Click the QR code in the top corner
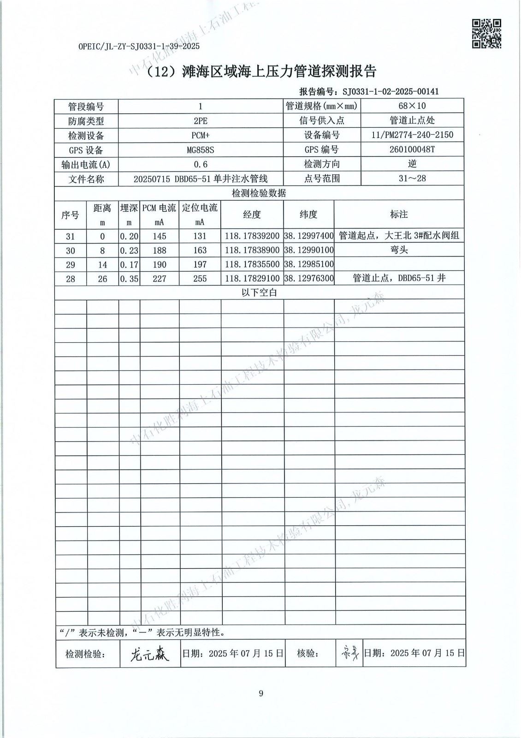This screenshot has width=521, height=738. (486, 33)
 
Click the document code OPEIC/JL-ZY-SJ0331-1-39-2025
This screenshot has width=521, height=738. (139, 47)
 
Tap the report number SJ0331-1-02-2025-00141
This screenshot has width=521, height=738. (391, 91)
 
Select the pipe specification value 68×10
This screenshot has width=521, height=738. (412, 106)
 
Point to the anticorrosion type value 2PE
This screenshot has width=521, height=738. (200, 121)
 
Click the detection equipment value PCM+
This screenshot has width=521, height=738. (200, 136)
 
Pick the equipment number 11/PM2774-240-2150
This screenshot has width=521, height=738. (412, 135)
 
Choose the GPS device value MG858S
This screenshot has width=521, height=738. (200, 150)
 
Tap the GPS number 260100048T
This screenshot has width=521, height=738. (412, 150)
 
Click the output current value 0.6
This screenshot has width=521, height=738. (200, 164)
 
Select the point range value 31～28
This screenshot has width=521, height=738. (412, 179)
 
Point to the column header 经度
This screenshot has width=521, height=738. (252, 214)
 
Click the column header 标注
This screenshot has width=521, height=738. (398, 214)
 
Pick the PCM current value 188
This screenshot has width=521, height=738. (159, 250)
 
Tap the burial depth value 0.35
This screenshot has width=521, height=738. (129, 279)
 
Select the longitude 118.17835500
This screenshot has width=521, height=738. (252, 265)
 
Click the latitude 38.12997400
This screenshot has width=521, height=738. (308, 236)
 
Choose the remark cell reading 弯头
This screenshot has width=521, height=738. (398, 250)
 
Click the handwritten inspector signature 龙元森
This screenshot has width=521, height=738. (149, 653)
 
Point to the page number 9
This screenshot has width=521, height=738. (261, 693)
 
